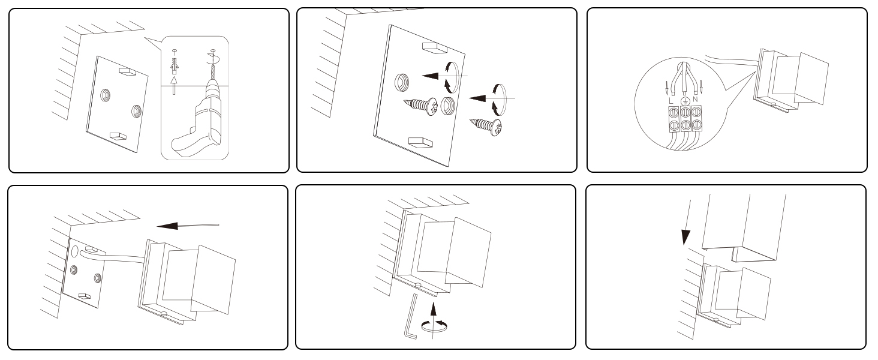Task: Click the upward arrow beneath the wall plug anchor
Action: coord(175,85)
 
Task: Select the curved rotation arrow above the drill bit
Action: coord(215,59)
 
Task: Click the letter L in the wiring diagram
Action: coord(671,101)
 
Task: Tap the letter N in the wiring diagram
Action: coord(695,100)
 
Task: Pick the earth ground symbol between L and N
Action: coord(684,100)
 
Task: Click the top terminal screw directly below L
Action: coord(673,113)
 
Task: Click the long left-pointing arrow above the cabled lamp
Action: coord(188,226)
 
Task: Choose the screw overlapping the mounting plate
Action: coord(420,106)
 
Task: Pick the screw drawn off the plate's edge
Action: coord(486,126)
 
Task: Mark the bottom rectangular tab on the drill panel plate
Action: coord(118,136)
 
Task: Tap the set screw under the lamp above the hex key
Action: coord(418,284)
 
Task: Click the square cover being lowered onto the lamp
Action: coord(743,228)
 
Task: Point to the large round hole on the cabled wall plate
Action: coord(75,251)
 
